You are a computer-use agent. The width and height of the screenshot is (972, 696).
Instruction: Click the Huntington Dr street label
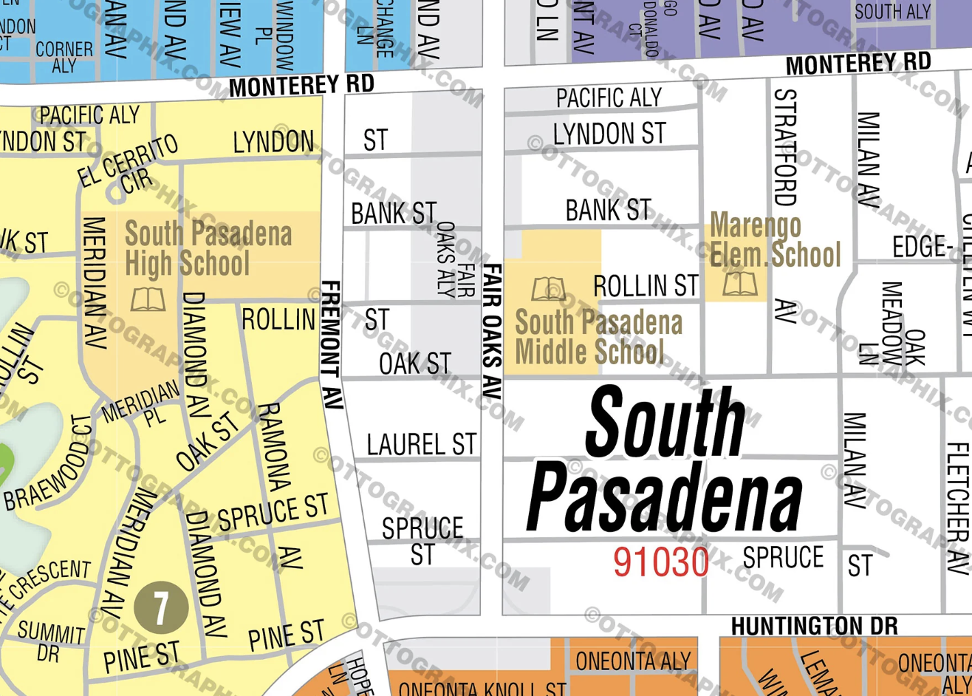coord(814,627)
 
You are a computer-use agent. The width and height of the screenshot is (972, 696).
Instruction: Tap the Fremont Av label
coord(332,344)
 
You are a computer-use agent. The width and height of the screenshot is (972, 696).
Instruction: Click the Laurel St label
coord(421,445)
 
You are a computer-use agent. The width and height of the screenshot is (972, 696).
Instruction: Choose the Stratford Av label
coord(784,207)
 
